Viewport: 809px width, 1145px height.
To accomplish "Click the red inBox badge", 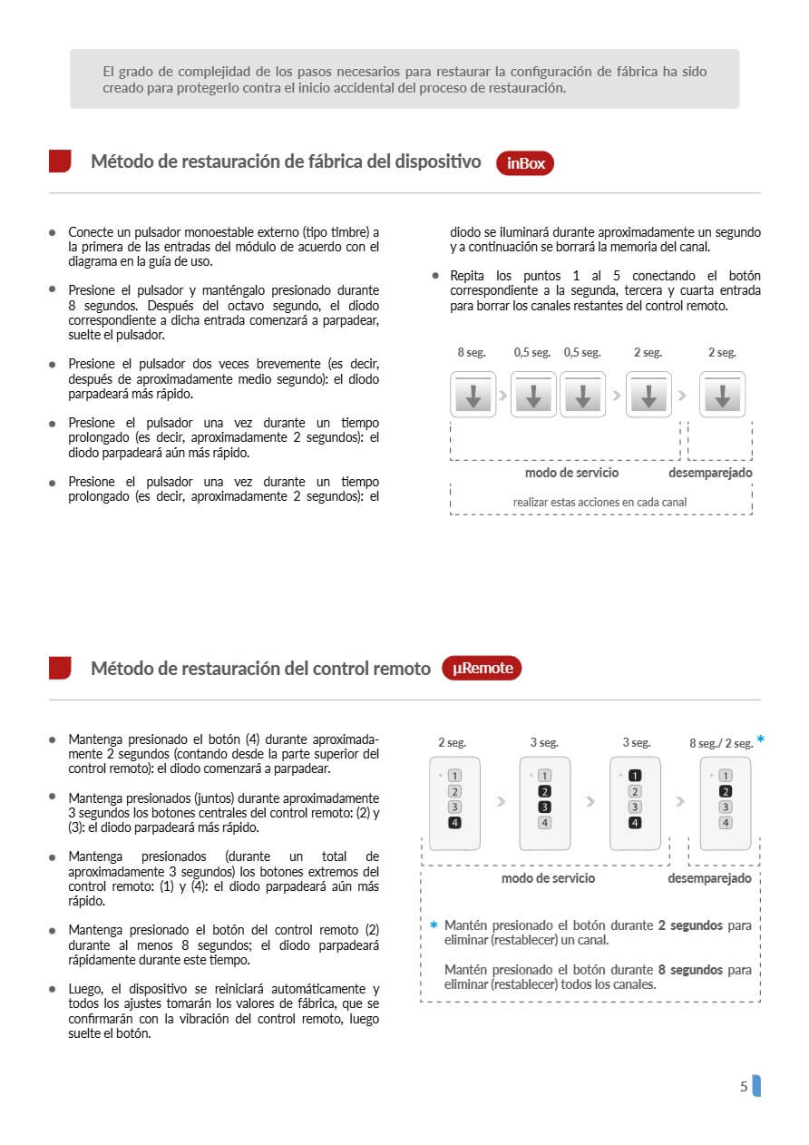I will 525,163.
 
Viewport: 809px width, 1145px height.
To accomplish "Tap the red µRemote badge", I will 482,669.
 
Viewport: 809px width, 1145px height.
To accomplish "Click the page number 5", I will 744,1086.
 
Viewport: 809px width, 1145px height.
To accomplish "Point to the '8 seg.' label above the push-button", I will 472,353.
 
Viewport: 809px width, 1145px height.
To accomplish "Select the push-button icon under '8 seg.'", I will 473,396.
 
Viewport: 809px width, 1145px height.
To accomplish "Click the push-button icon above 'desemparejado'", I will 722,396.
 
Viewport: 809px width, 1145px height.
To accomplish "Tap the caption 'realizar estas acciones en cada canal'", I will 599,502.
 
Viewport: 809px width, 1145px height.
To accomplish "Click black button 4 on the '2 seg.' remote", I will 454,823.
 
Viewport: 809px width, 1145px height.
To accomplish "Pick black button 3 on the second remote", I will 544,807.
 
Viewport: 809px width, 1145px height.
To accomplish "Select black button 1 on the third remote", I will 635,776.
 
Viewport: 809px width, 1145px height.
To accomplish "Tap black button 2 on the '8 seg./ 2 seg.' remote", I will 725,791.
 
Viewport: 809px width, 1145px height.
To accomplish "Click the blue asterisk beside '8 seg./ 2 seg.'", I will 760,739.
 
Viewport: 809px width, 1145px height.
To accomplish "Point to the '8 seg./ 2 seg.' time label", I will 721,744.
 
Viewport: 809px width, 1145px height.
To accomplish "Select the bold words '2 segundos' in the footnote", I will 690,925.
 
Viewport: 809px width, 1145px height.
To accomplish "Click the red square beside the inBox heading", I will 60,161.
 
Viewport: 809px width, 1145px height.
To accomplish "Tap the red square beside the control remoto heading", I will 60,668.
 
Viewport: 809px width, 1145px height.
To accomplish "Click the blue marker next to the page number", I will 756,1086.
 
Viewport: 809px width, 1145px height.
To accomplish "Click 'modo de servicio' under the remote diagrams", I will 549,878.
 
